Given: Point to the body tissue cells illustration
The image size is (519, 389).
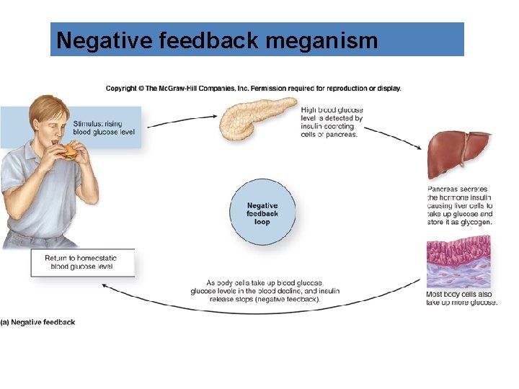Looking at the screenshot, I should coord(458,263).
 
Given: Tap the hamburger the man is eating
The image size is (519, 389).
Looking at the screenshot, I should coord(68,152).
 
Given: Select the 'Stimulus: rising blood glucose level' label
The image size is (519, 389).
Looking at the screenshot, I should coord(103,128).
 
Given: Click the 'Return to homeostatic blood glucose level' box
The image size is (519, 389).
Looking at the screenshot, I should coord(81,262).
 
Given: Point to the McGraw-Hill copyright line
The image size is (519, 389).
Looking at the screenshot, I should coord(254,89).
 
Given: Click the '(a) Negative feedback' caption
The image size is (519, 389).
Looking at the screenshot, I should coord(38,322).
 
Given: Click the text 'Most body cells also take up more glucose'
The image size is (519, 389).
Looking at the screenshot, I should coord(461,298).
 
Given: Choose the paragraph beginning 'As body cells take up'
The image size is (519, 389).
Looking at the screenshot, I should coord(265,291).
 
